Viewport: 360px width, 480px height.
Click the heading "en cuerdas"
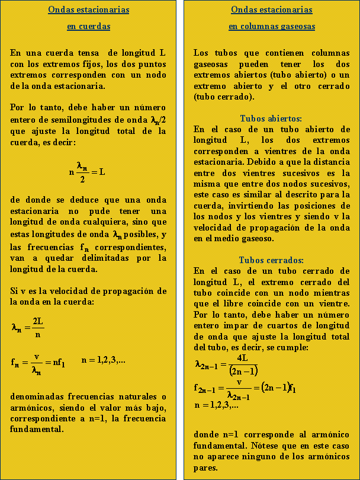point(88,27)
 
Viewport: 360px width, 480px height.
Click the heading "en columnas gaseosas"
point(272,27)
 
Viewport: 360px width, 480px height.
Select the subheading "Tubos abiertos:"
point(271,118)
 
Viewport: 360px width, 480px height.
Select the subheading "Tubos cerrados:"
point(271,260)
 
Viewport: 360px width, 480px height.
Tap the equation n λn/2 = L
point(88,172)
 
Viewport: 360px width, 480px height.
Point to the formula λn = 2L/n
point(28,327)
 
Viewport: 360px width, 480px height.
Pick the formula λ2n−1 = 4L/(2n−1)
point(226,364)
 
